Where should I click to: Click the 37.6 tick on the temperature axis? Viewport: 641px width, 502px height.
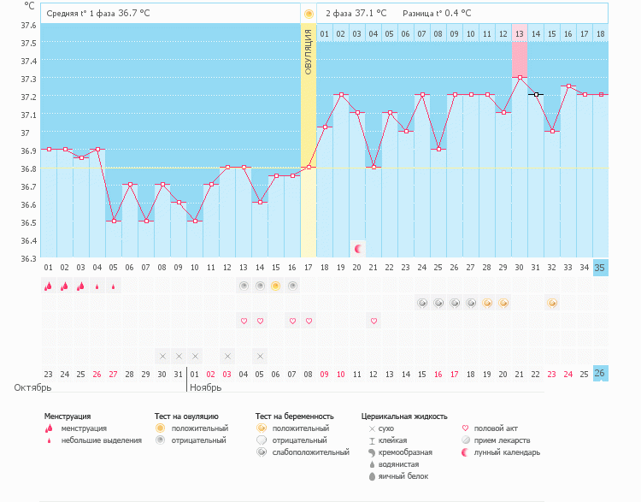coord(29,24)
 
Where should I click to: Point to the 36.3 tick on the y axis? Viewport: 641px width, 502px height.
coord(29,258)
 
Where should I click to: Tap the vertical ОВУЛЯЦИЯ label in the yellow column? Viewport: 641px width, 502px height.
coord(309,50)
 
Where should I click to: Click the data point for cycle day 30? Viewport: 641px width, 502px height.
coord(520,77)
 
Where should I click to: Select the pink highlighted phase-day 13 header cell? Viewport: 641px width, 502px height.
coord(520,33)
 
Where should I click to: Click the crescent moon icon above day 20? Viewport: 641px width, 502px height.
coord(358,249)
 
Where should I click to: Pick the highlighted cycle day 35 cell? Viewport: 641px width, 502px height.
coord(601,268)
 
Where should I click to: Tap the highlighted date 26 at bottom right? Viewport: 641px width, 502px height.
coord(601,374)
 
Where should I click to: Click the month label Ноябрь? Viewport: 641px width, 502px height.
coord(206,387)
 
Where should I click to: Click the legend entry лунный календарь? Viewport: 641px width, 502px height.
coord(508,452)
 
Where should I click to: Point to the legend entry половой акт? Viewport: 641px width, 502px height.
coord(496,428)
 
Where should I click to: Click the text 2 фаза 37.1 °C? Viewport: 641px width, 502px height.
coord(356,14)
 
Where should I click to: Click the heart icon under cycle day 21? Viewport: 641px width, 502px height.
coord(373,321)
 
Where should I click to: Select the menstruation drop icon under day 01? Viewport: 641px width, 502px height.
coord(49,286)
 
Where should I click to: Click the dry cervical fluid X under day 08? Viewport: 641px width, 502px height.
coord(162,356)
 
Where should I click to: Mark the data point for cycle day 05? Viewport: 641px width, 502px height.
coord(114,221)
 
